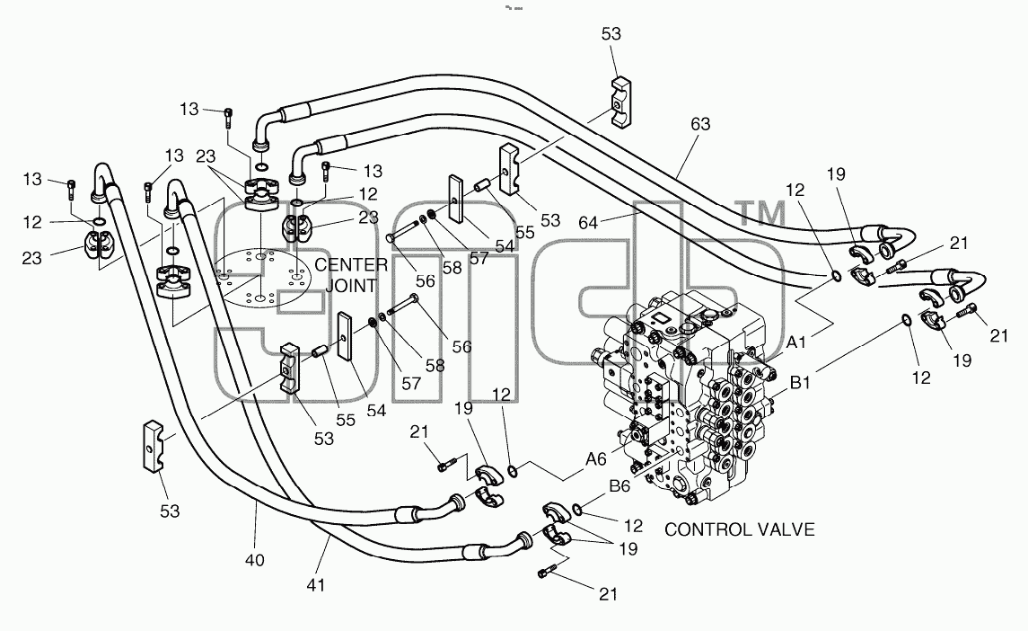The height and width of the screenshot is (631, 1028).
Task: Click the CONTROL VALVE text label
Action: click(740, 530)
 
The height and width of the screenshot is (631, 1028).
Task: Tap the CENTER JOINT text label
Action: click(351, 275)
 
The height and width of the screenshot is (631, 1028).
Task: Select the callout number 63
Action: click(700, 124)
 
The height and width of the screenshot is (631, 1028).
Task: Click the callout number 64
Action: click(588, 223)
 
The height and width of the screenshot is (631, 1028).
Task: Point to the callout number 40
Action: click(255, 560)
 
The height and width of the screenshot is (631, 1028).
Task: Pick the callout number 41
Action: click(316, 585)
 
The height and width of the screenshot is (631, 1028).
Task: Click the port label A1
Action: click(795, 342)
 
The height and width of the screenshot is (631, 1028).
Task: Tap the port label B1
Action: click(800, 383)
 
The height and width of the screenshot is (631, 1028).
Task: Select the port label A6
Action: click(596, 459)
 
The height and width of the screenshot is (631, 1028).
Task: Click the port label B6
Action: click(619, 486)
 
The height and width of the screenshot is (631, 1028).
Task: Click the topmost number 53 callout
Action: click(611, 34)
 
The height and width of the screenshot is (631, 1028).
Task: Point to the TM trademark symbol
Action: click(762, 214)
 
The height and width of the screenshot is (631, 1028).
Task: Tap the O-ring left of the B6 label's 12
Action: click(576, 509)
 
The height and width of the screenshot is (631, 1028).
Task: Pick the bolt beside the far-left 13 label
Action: click(72, 190)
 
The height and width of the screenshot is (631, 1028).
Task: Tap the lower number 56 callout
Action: click(462, 347)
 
